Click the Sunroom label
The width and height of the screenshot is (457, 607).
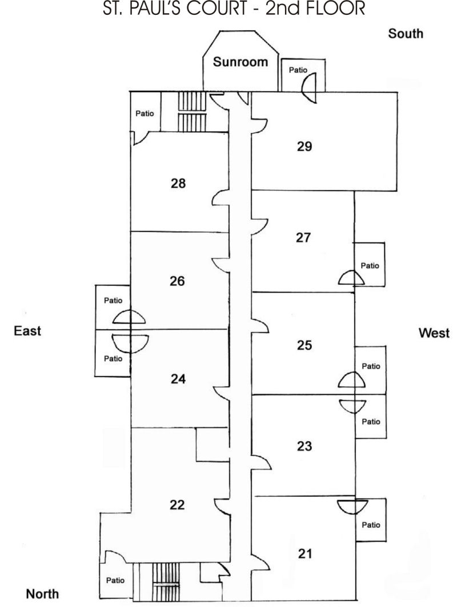[240, 62]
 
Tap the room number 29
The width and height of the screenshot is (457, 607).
[304, 146]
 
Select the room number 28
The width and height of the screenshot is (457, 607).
[178, 183]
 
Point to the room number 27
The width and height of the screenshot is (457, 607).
[303, 237]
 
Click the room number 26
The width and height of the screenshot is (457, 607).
[177, 281]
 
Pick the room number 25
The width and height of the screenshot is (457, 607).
[304, 345]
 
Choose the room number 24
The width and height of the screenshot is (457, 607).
[178, 379]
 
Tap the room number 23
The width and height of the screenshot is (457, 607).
[304, 446]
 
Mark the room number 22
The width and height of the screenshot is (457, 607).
[177, 504]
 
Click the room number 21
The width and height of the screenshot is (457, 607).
[305, 553]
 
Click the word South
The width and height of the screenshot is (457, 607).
[406, 34]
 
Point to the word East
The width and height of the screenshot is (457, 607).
[27, 331]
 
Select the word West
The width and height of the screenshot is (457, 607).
[434, 333]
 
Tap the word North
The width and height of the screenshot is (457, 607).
[42, 594]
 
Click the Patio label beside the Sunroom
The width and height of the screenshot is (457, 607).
[298, 70]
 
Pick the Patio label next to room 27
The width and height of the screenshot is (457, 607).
[370, 266]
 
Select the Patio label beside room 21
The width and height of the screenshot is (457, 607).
[371, 525]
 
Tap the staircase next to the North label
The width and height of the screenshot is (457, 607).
[166, 581]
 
